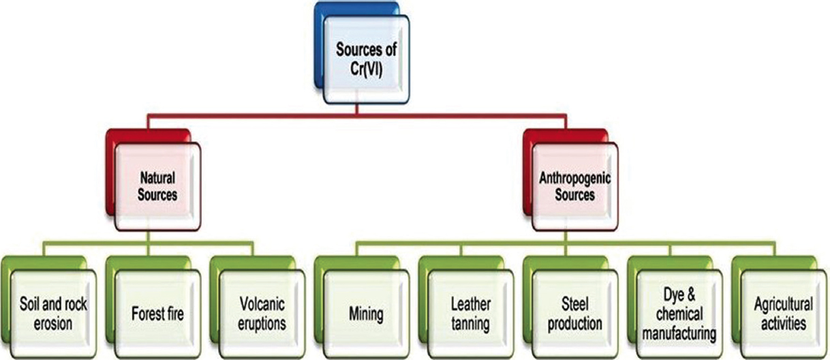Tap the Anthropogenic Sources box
coord(574,186)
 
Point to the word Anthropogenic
coord(574,179)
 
